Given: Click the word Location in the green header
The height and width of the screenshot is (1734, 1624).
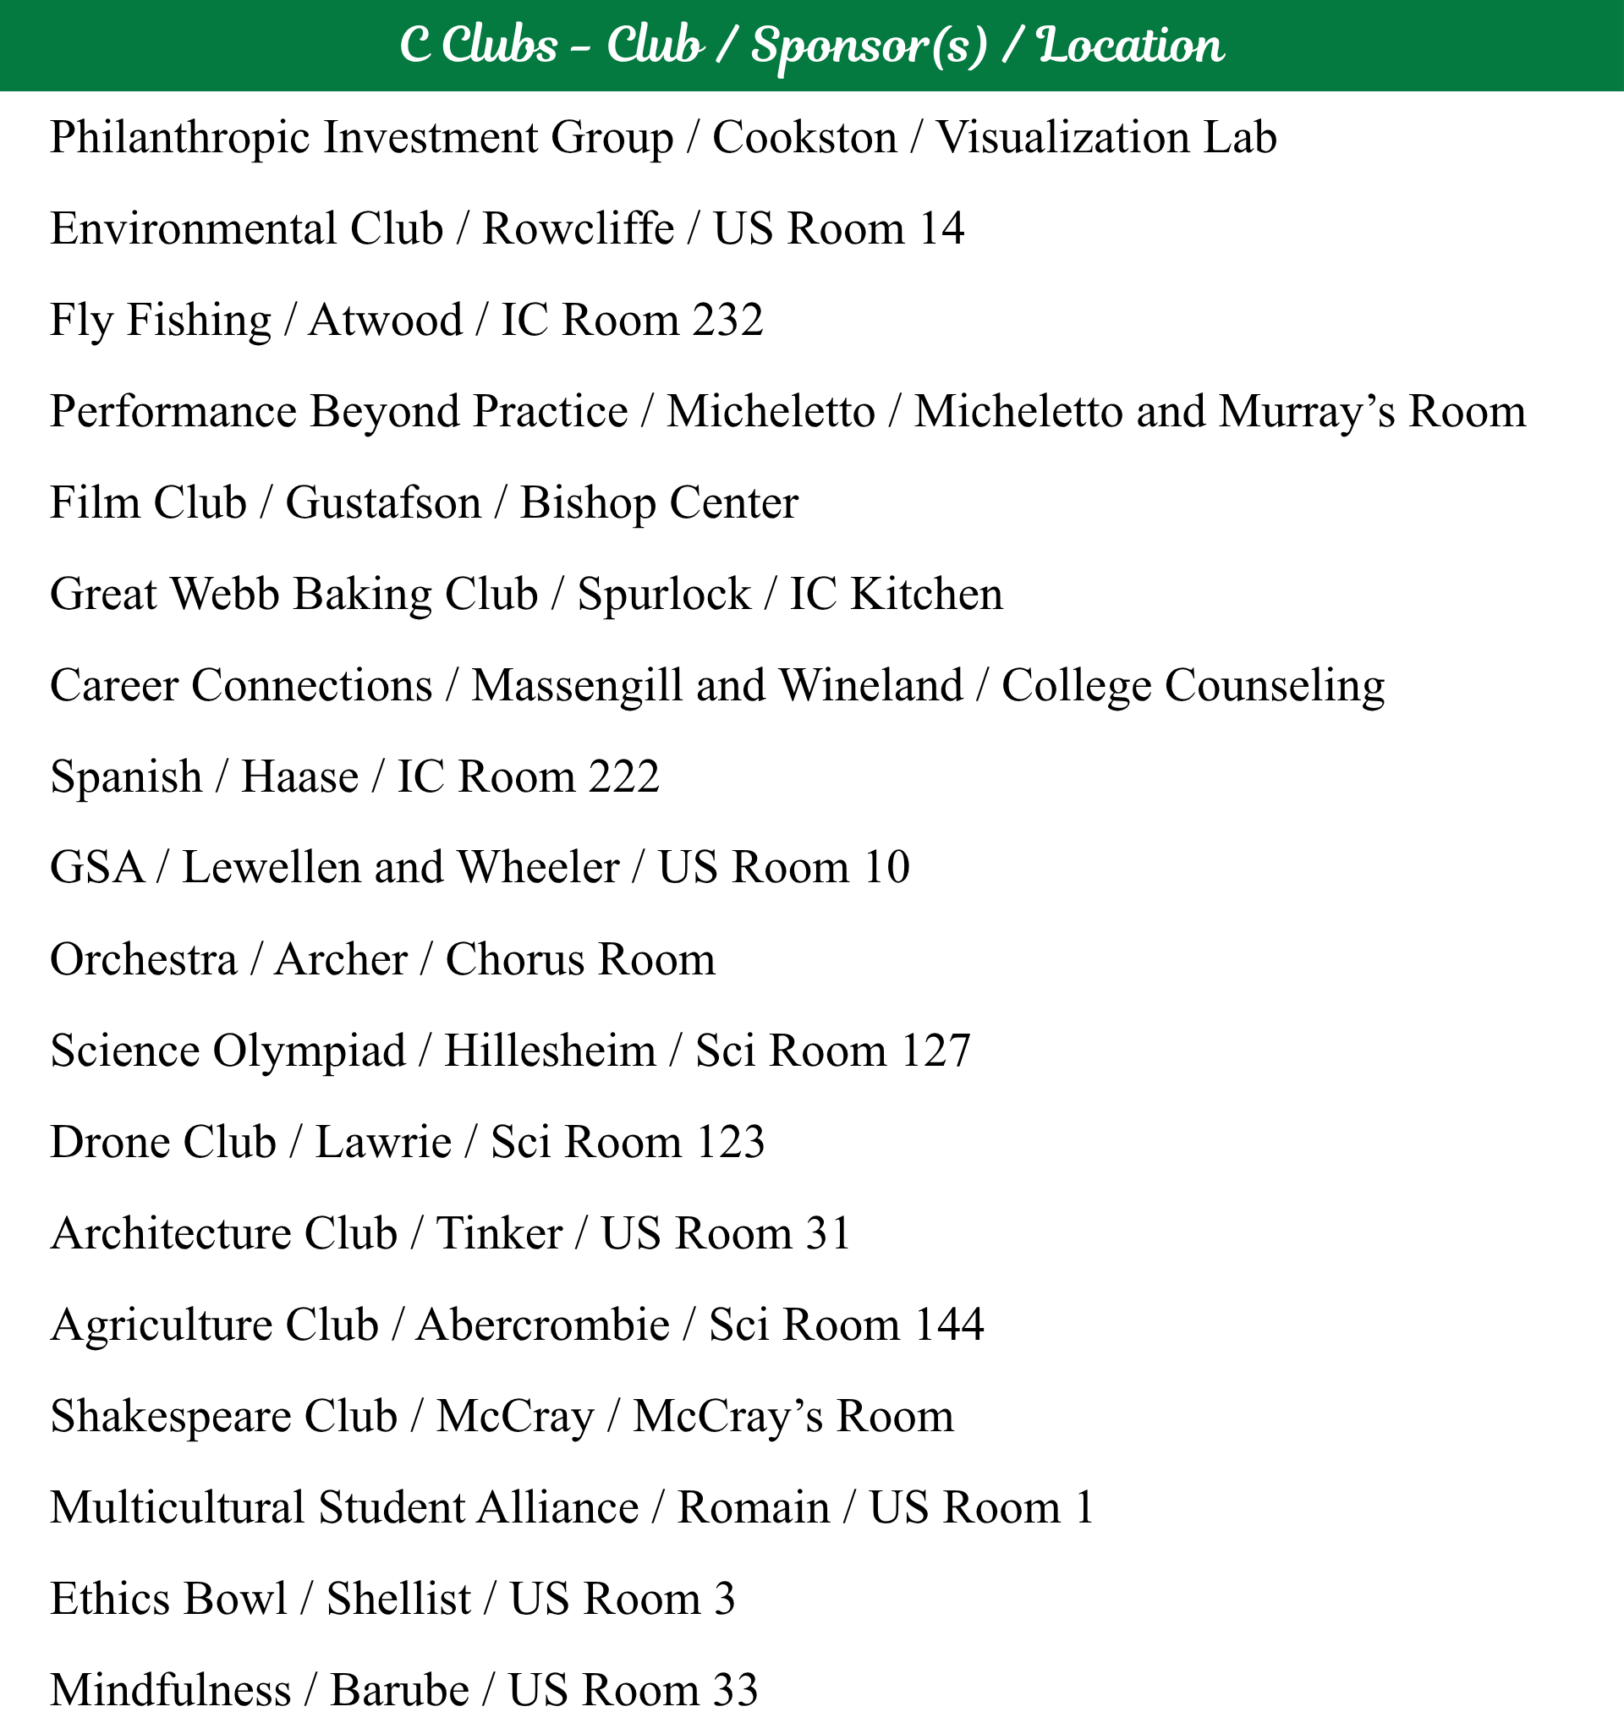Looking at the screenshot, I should (1131, 46).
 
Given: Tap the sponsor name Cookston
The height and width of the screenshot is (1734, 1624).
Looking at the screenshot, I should (804, 139).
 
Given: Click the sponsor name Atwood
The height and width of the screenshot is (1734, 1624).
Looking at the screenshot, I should (386, 320).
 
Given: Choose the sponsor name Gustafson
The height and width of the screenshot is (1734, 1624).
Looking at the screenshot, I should (383, 503).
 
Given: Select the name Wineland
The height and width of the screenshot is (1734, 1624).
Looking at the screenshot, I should (870, 686).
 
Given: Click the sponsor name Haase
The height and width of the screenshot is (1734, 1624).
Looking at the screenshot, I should (299, 777).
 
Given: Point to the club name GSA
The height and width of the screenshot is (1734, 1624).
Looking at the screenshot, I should (96, 869).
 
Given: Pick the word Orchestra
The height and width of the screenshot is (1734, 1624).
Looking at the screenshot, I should (143, 960).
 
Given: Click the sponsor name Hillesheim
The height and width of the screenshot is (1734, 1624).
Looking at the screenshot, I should (550, 1051).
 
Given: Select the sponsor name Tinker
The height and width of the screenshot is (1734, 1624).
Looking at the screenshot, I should (499, 1234).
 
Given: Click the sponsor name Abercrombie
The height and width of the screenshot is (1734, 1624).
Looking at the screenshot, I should (542, 1325).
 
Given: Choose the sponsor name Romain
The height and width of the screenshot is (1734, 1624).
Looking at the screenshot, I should (754, 1509).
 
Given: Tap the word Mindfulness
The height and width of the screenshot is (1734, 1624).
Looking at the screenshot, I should (170, 1691).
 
